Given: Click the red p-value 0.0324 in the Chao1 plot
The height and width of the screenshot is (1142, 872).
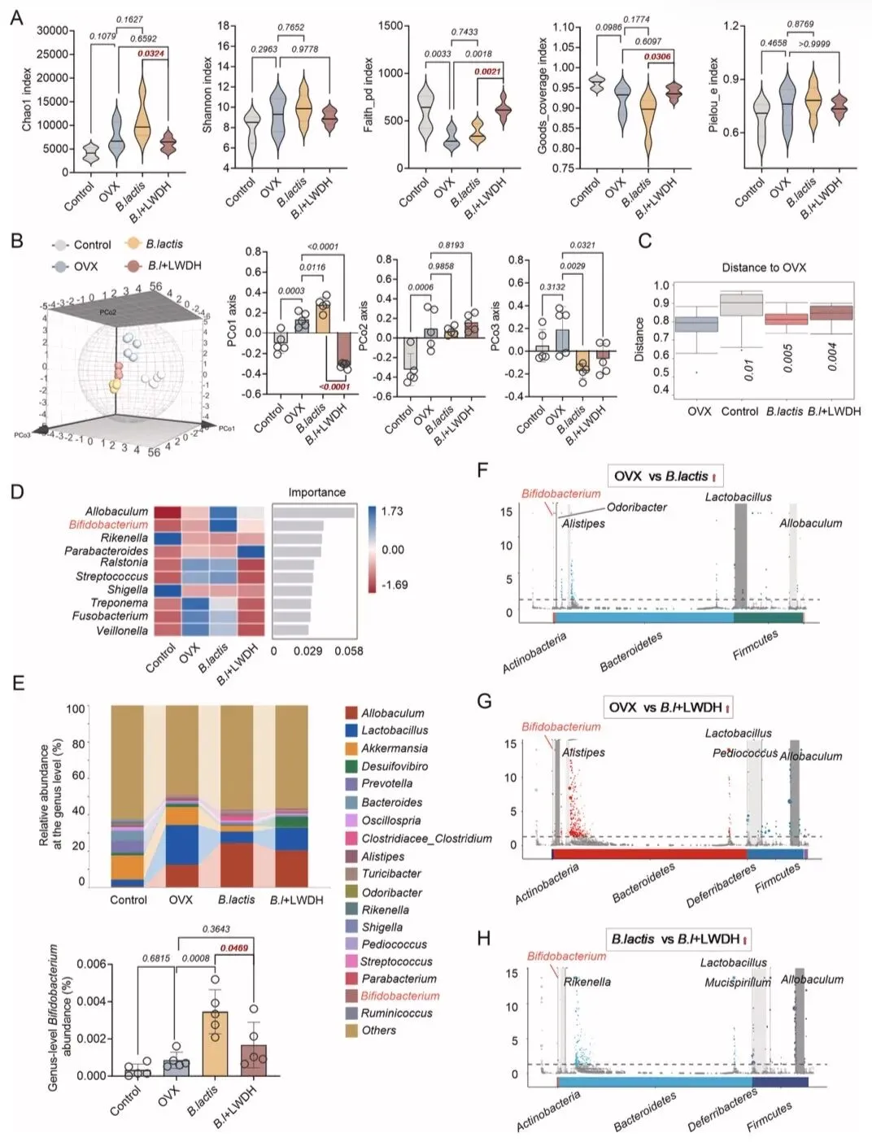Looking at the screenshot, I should click(150, 54).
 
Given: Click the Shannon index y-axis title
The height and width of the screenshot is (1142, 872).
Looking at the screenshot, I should click(207, 94).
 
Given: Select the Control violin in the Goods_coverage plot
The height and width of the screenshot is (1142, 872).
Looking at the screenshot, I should click(597, 84).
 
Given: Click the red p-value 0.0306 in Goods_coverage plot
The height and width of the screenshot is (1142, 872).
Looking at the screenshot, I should click(657, 57).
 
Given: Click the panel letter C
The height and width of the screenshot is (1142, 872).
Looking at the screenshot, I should click(644, 241).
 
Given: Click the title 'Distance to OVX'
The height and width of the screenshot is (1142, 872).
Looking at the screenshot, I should click(764, 268).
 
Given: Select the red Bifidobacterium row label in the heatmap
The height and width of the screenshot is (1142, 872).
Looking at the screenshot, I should click(108, 525).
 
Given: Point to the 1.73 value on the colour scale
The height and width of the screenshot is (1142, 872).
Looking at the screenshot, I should click(392, 512).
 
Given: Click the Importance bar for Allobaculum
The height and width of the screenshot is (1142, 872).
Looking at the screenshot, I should click(314, 512).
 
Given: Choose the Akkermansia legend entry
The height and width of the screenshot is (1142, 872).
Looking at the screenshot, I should click(395, 748).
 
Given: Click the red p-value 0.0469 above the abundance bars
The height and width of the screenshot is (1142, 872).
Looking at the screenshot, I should click(234, 948).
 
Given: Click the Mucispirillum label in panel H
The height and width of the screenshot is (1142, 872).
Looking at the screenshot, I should click(738, 982).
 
